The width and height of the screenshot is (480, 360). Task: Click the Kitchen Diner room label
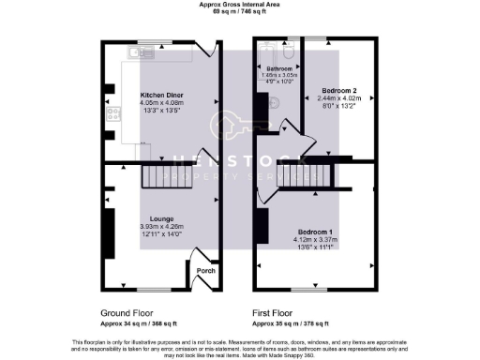[159, 96]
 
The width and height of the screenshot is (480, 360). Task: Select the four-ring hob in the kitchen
[113, 117]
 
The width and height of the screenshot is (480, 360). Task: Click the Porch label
[205, 272]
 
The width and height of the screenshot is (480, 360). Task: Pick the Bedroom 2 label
[338, 90]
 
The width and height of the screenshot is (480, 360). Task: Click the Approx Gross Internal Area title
[240, 4]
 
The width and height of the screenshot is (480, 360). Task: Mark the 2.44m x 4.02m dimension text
[338, 98]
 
